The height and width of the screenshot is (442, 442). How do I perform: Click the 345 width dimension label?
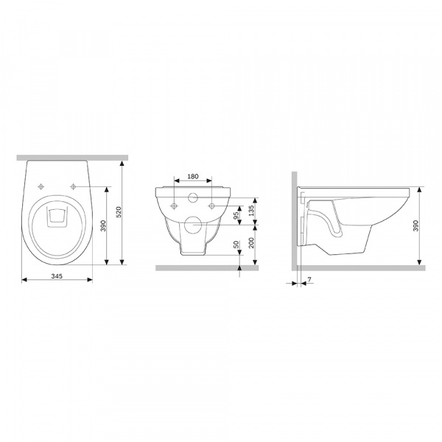point(57,276)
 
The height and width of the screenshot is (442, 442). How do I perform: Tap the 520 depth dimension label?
point(119,212)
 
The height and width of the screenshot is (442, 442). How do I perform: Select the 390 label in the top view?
point(103,226)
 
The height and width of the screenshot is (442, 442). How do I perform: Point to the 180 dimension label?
point(193,177)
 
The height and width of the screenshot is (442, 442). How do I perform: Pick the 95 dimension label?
point(236,215)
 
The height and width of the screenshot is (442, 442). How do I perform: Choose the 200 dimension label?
point(251,242)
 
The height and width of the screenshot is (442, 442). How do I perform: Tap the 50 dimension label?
point(236,244)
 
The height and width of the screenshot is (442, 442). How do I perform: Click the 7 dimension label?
point(309,279)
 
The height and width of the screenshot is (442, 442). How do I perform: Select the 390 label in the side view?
point(415,226)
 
